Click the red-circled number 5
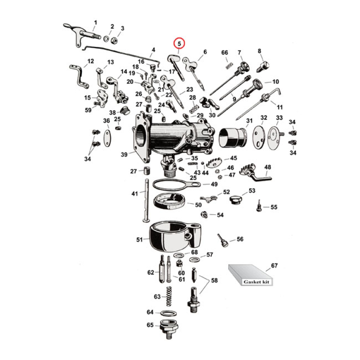(180, 44)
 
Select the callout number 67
(274, 265)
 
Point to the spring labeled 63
(170, 297)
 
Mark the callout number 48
(268, 167)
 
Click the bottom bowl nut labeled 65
(170, 328)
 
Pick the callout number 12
(90, 61)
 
